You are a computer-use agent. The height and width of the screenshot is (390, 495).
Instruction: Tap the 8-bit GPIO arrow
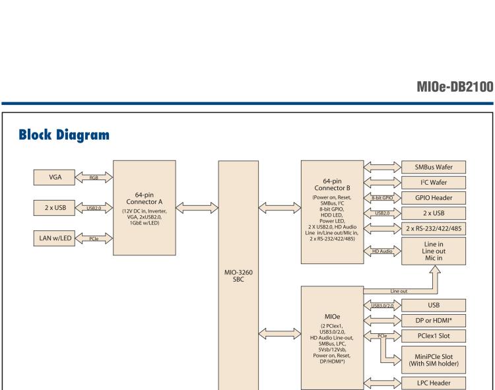pos(382,197)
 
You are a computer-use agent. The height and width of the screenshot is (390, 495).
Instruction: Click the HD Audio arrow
pos(382,251)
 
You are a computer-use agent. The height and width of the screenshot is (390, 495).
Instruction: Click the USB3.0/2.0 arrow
pos(382,305)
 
